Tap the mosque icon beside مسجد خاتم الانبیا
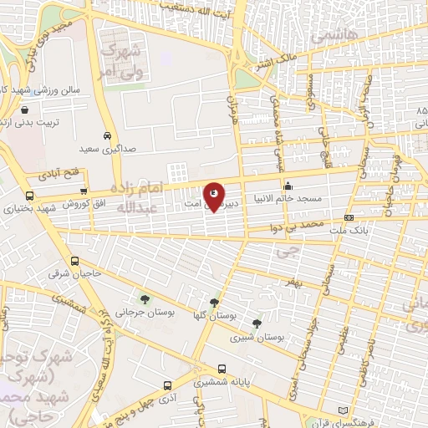tap(288, 186)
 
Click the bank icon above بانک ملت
tap(349, 217)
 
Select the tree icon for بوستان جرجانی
tap(145, 298)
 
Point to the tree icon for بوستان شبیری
tap(256, 323)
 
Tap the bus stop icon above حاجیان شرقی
tap(75, 260)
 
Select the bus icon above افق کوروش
tap(82, 193)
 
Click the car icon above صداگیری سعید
tap(108, 136)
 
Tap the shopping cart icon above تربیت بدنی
tap(24, 110)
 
